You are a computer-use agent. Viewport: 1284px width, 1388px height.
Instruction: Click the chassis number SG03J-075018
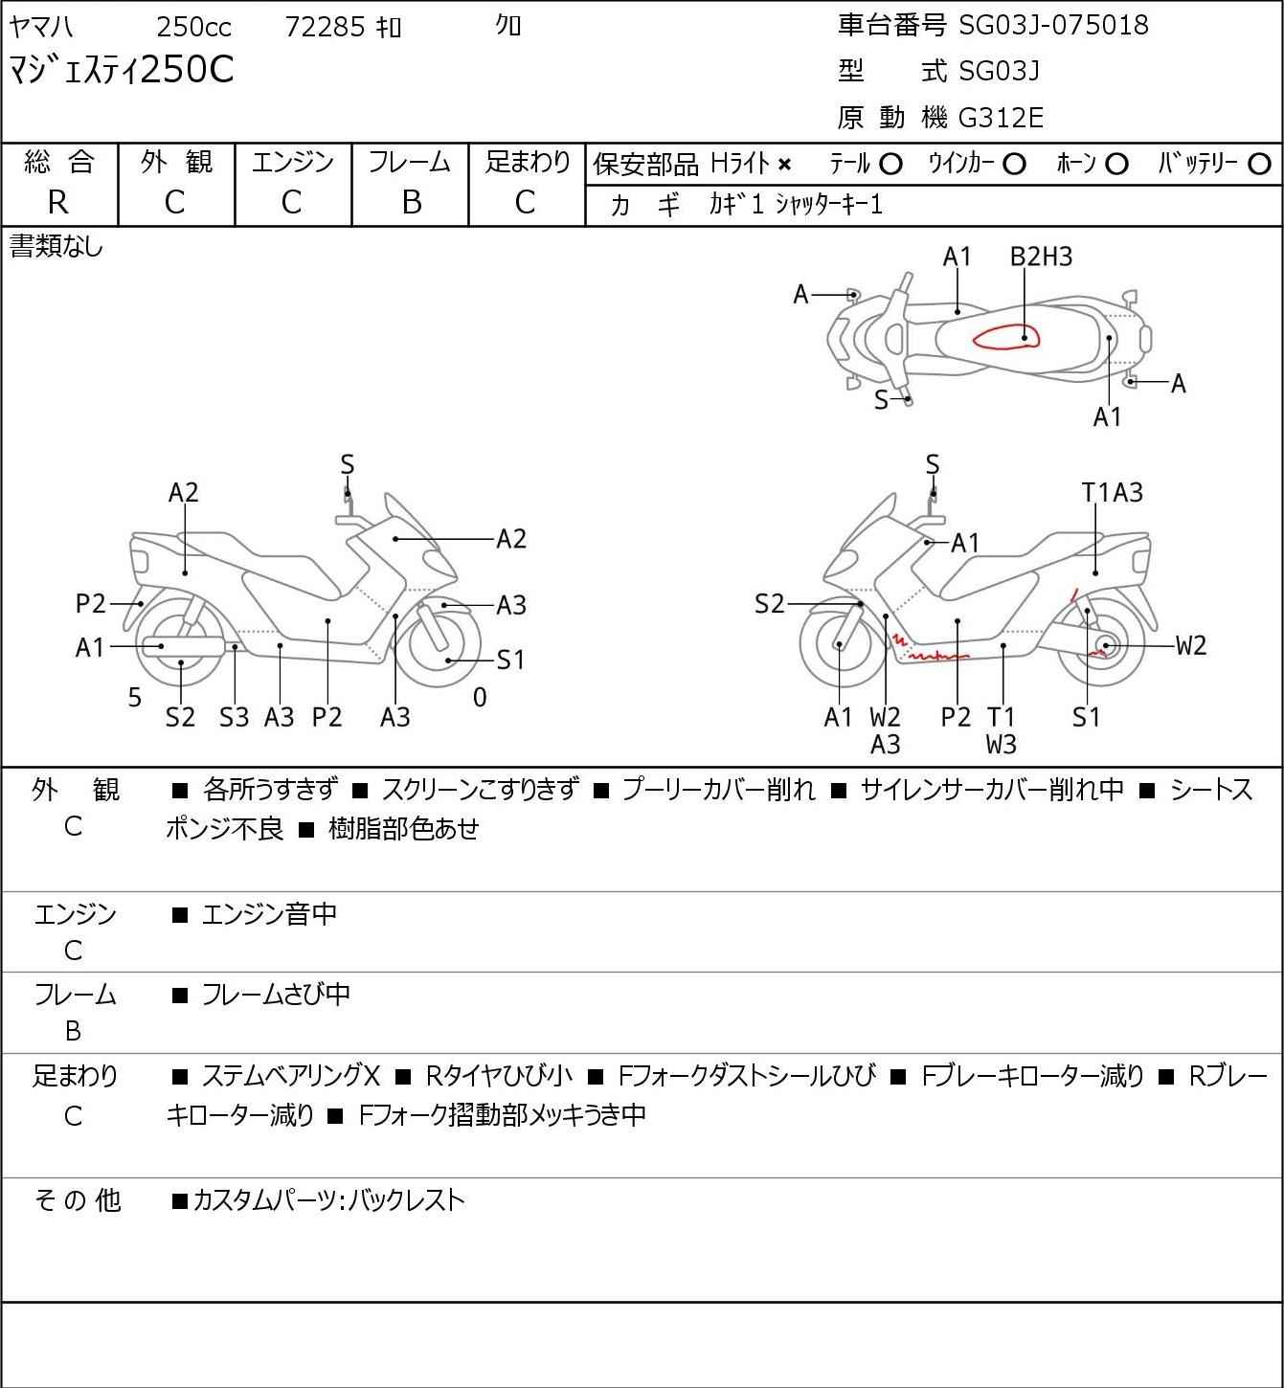coord(1053,25)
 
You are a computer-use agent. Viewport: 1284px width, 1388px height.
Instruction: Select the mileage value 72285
coord(326,27)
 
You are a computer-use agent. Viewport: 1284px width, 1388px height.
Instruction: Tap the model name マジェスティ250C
coord(122,69)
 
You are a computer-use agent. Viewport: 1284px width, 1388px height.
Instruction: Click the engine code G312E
coord(1001,118)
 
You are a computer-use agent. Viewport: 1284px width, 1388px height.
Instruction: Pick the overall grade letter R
coord(58,203)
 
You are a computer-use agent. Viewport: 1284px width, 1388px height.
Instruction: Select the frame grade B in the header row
coord(411,203)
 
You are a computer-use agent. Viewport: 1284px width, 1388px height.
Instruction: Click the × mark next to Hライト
coord(785,165)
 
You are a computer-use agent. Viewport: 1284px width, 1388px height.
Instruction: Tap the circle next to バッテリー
coord(1259,165)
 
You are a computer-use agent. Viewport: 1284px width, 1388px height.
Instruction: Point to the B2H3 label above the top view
coord(1042,257)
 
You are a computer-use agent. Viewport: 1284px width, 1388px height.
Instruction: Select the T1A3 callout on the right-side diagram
coord(1112,493)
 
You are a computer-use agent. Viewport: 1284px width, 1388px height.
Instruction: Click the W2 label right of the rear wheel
coord(1191,645)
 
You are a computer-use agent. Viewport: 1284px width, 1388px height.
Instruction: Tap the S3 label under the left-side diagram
coord(234,717)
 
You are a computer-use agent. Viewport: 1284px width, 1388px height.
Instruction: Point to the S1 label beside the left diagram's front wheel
coord(510,660)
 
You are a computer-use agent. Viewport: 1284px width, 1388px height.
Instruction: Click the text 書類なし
coord(56,247)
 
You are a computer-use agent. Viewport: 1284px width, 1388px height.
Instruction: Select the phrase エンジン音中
coord(269,915)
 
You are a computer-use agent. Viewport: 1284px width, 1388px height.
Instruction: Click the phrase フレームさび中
coord(276,996)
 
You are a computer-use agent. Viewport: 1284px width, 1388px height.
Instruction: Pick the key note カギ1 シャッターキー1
coord(796,205)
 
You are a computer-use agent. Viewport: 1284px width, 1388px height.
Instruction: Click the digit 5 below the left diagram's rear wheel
coord(135,698)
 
